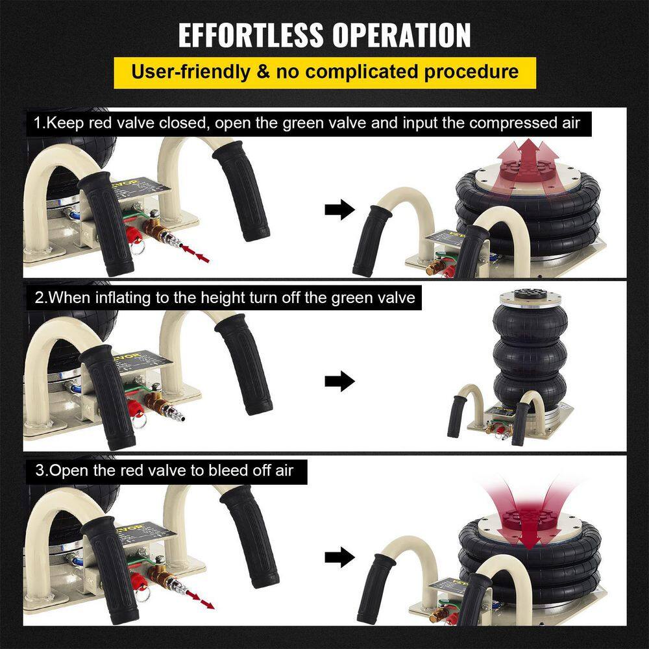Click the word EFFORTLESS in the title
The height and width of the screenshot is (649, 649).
point(251,35)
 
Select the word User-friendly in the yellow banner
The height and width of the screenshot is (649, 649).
point(191,72)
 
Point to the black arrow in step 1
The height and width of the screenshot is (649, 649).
point(340,209)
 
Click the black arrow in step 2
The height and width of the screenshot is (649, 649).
point(340,381)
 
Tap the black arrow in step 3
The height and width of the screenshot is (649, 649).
point(340,557)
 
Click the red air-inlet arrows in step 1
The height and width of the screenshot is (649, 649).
point(195,254)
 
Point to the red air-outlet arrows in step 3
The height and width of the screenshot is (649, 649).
point(201,600)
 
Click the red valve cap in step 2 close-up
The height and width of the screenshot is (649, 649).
point(134,408)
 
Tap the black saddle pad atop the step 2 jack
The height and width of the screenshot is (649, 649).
point(530,293)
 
